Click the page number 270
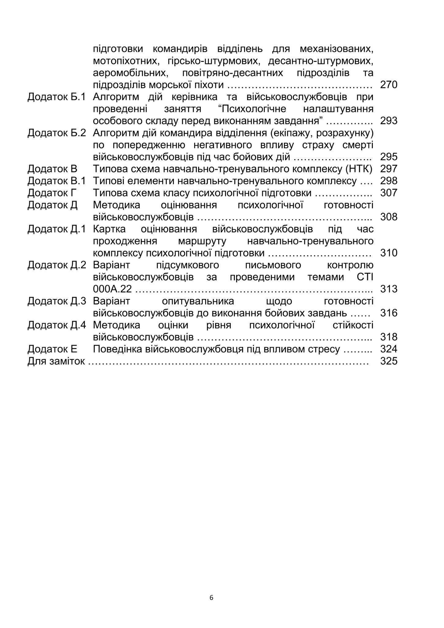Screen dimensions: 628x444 388,85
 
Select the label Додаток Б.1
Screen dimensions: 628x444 57,97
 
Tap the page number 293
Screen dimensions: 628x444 388,121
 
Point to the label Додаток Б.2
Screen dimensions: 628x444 57,133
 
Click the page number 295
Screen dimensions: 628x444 388,157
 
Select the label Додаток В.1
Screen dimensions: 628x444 57,181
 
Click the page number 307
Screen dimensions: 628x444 388,193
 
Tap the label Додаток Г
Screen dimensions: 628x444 52,193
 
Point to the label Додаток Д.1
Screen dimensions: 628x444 57,229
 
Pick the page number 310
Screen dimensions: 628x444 388,253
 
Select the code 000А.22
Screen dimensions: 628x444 112,289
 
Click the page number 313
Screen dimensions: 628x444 388,289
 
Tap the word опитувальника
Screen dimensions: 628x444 198,301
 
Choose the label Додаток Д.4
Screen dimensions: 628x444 57,325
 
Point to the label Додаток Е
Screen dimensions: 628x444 52,349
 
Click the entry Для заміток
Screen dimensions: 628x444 56,361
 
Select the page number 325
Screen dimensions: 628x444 388,361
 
